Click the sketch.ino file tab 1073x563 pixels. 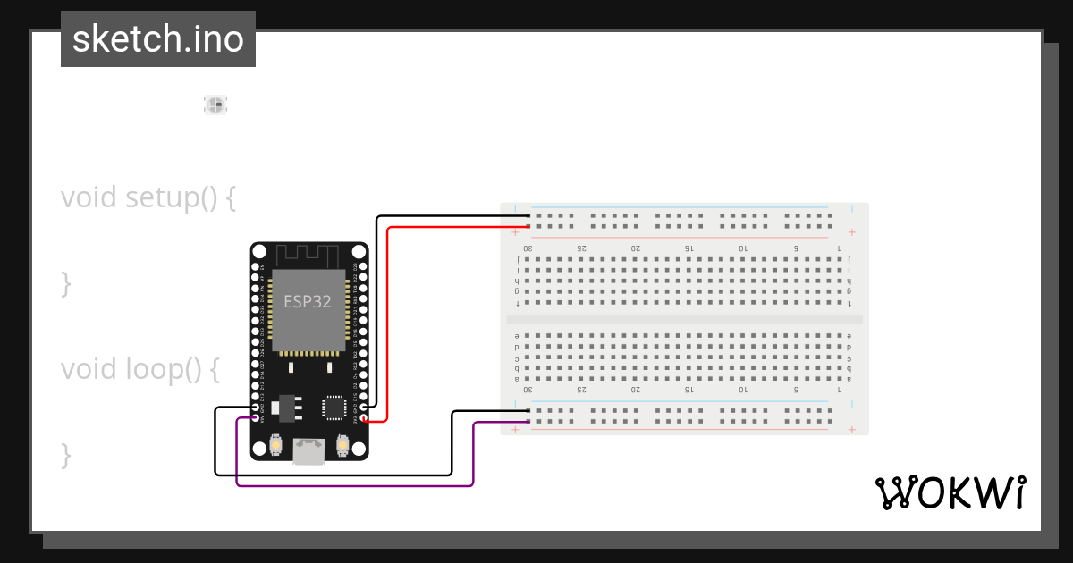pyautogui.click(x=158, y=39)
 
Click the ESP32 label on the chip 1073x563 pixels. pyautogui.click(x=308, y=301)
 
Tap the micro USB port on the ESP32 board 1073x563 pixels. pyautogui.click(x=308, y=451)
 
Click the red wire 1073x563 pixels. pyautogui.click(x=388, y=322)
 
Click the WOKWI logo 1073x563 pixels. pyautogui.click(x=950, y=492)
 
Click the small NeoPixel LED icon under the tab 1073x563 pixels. pyautogui.click(x=215, y=105)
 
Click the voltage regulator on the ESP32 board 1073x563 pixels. pyautogui.click(x=285, y=408)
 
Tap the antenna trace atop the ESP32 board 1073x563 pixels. pyautogui.click(x=308, y=256)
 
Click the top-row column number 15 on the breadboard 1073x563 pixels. pyautogui.click(x=689, y=248)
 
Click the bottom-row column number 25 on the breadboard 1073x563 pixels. pyautogui.click(x=581, y=390)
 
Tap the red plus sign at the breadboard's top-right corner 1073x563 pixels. pyautogui.click(x=851, y=232)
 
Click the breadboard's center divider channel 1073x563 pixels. pyautogui.click(x=684, y=319)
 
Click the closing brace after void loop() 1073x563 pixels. pyautogui.click(x=65, y=454)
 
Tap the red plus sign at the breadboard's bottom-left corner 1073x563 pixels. pyautogui.click(x=515, y=430)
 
